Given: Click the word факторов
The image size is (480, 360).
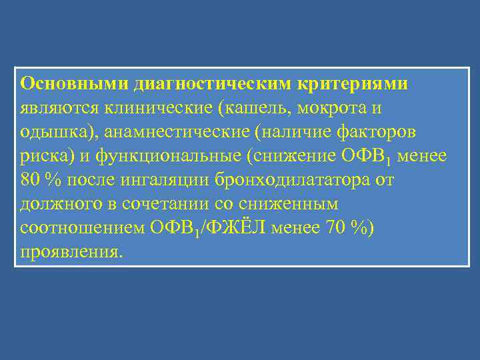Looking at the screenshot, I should [387, 131].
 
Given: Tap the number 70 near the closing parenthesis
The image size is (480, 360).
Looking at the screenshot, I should [335, 227].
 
